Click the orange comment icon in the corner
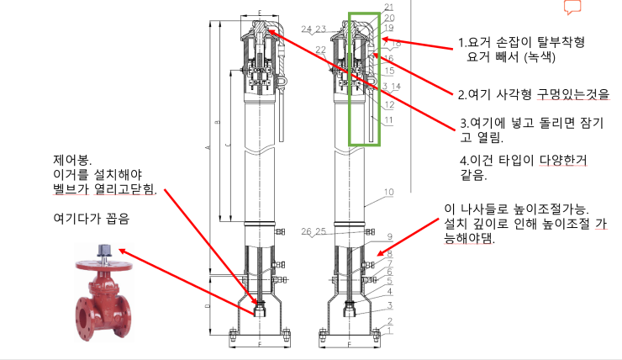click(x=572, y=8)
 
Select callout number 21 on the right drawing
click(x=388, y=7)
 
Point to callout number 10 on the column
click(x=388, y=193)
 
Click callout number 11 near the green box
click(x=388, y=120)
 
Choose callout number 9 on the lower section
click(x=389, y=236)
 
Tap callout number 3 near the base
click(x=389, y=304)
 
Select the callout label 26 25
click(x=310, y=230)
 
